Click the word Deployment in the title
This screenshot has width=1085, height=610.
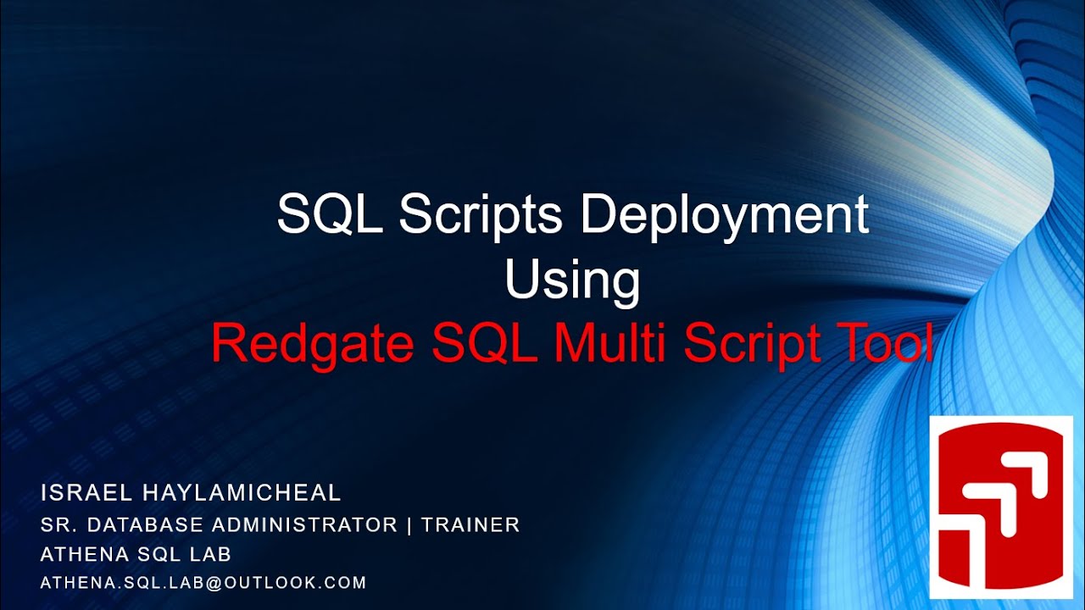click(725, 217)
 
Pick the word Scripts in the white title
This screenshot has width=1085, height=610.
click(481, 215)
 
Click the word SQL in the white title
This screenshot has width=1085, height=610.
click(331, 215)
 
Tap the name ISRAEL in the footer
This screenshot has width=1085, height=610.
click(75, 492)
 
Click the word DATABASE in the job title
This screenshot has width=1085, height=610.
click(150, 524)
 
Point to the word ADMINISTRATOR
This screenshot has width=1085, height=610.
click(305, 524)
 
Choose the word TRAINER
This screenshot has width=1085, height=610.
click(470, 524)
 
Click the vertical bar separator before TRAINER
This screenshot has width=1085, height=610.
click(409, 524)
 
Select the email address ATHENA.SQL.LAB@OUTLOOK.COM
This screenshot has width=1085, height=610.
click(203, 583)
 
